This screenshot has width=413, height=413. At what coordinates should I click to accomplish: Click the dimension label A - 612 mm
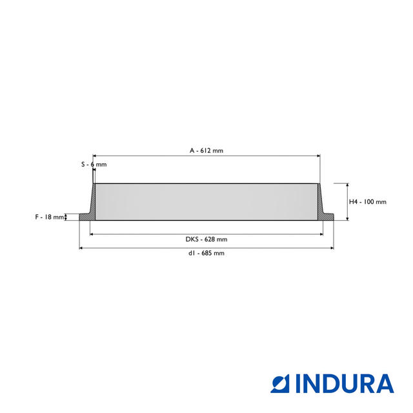(206, 150)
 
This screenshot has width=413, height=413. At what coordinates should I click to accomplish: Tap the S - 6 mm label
(94, 165)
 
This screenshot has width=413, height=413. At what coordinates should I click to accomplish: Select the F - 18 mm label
(50, 217)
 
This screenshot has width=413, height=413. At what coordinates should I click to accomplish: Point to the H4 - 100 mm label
(367, 202)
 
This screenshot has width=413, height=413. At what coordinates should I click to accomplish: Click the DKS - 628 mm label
(206, 239)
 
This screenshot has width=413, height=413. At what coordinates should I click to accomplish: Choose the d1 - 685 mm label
(206, 254)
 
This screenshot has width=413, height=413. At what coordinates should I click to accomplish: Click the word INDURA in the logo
(345, 383)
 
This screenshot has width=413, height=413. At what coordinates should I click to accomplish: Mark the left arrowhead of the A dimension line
(95, 156)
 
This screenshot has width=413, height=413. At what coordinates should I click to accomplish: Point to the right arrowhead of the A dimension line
(318, 156)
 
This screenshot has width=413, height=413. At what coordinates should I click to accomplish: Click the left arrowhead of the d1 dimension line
(81, 248)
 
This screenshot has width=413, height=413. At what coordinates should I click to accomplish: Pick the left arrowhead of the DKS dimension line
(92, 234)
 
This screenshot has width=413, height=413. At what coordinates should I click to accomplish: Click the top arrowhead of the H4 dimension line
(347, 185)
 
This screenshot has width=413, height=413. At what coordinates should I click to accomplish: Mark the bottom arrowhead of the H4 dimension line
(347, 219)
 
